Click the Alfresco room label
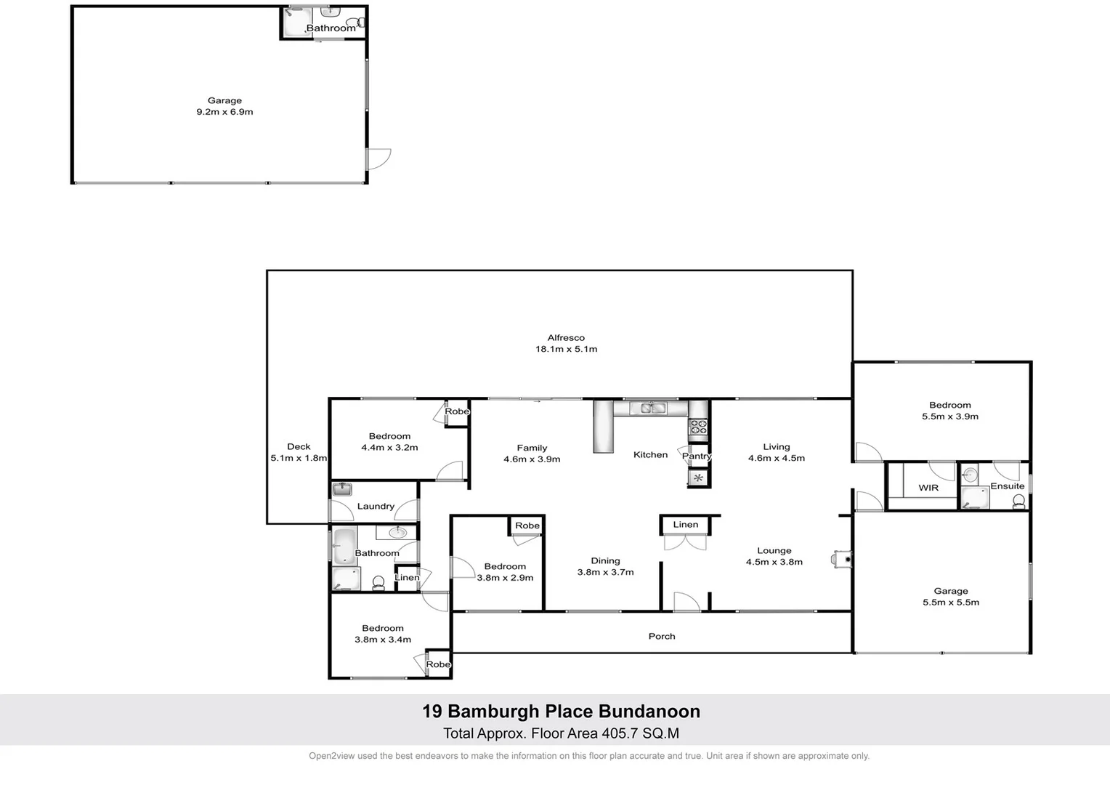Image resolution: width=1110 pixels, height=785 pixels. pos(566,338)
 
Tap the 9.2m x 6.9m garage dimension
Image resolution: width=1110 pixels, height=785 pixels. pos(224,112)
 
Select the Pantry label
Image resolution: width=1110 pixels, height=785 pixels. pos(697,456)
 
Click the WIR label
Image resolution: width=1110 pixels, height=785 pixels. pos(928,488)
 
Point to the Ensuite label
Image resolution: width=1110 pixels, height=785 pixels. pos(1007,486)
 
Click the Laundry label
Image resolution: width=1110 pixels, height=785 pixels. pos(376,507)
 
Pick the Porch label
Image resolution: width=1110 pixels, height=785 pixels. pos(662,636)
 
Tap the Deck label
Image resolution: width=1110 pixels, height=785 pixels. pos(299,447)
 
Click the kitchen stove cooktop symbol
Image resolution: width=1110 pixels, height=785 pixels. pos(698,427)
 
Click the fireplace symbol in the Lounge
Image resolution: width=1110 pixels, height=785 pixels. pos(843,559)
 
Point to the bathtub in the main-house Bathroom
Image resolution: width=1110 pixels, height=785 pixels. pos(344,546)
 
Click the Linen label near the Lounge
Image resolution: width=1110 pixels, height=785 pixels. pos(685,525)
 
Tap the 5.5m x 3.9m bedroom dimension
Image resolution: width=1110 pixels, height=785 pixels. pos(950,416)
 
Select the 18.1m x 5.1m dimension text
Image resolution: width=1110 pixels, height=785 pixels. pos(566,349)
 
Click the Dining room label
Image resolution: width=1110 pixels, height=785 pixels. pos(605,561)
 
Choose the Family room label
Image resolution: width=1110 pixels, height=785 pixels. pos(532,448)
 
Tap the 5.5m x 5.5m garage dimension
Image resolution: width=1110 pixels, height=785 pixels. pos(950,602)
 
